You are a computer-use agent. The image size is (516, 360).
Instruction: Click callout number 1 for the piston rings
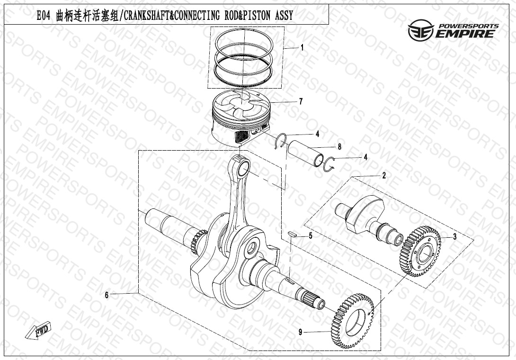pyautogui.click(x=302, y=48)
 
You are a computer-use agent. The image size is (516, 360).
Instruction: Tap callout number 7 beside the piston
pyautogui.click(x=301, y=101)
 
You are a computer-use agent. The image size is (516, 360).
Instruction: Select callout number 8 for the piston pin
pyautogui.click(x=339, y=146)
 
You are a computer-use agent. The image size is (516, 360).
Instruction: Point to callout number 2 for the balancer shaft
pyautogui.click(x=384, y=176)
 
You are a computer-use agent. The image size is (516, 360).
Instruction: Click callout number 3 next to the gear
pyautogui.click(x=455, y=236)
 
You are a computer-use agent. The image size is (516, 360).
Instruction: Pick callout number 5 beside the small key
pyautogui.click(x=311, y=236)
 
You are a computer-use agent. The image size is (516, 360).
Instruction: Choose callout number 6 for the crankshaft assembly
pyautogui.click(x=107, y=295)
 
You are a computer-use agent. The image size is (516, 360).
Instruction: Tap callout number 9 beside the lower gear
pyautogui.click(x=300, y=332)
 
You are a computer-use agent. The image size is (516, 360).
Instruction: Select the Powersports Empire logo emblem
pyautogui.click(x=421, y=30)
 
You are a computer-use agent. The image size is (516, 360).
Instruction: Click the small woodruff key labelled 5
pyautogui.click(x=293, y=234)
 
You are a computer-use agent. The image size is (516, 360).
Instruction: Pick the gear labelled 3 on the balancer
pyautogui.click(x=420, y=252)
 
